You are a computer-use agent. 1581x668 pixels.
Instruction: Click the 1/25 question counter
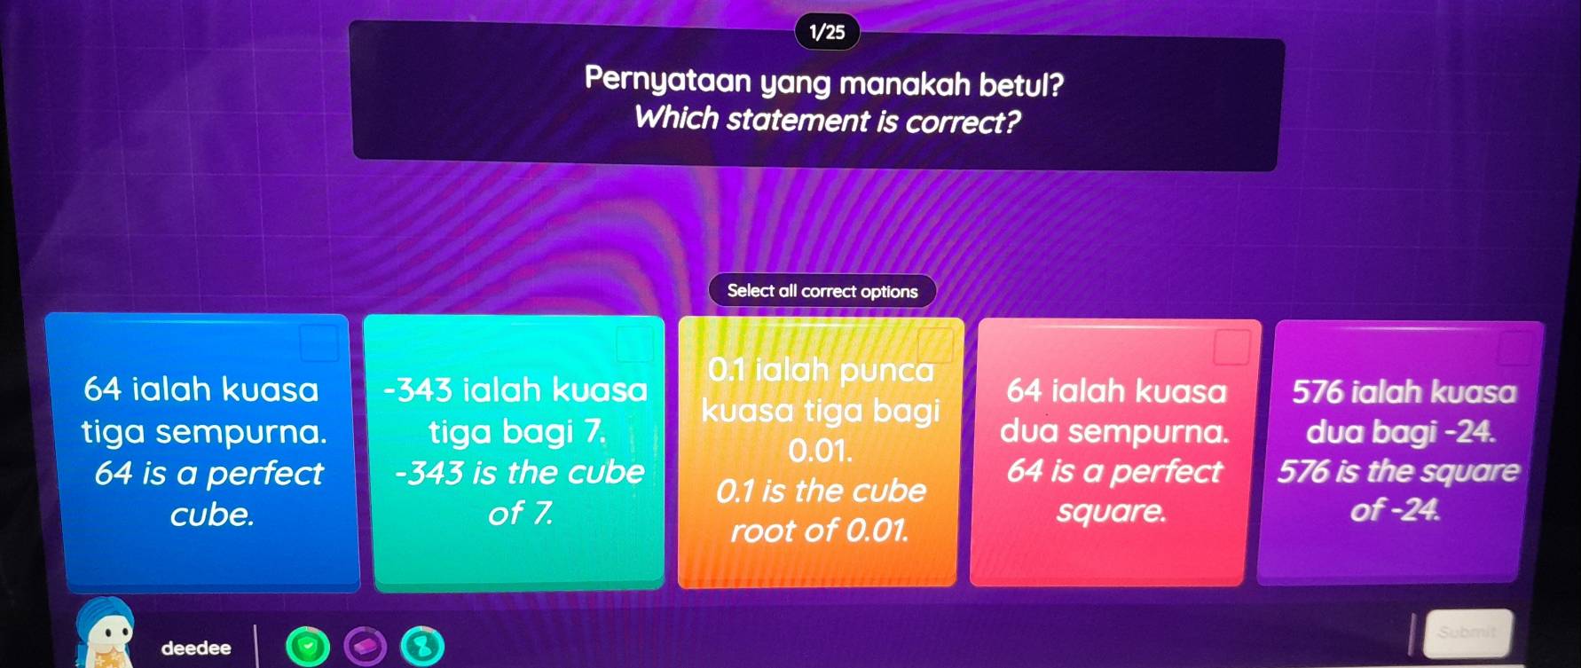pyautogui.click(x=827, y=33)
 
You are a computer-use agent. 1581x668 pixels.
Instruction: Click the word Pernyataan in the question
pyautogui.click(x=668, y=82)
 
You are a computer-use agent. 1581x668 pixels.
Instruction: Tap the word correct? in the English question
pyautogui.click(x=963, y=121)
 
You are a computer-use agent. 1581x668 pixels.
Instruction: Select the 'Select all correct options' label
pyautogui.click(x=822, y=291)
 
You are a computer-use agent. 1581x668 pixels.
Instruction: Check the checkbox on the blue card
pyautogui.click(x=319, y=342)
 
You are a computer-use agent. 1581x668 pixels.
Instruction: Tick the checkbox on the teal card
pyautogui.click(x=634, y=343)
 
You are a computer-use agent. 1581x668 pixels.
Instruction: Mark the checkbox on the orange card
pyautogui.click(x=935, y=345)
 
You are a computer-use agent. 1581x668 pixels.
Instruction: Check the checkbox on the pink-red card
pyautogui.click(x=1231, y=346)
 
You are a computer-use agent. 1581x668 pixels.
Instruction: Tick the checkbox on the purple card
pyautogui.click(x=1516, y=347)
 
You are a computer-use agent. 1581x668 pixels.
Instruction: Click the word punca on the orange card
pyautogui.click(x=886, y=370)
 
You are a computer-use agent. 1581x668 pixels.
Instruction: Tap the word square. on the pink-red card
pyautogui.click(x=1111, y=512)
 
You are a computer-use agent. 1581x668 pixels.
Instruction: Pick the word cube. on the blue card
pyautogui.click(x=212, y=515)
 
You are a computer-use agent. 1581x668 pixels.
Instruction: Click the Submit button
pyautogui.click(x=1467, y=633)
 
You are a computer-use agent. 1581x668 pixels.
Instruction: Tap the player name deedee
pyautogui.click(x=196, y=648)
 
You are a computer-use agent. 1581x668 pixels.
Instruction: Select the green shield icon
pyautogui.click(x=307, y=648)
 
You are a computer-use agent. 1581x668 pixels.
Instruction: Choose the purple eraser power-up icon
pyautogui.click(x=366, y=648)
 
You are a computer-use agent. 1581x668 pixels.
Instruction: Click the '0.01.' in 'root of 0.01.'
pyautogui.click(x=877, y=530)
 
